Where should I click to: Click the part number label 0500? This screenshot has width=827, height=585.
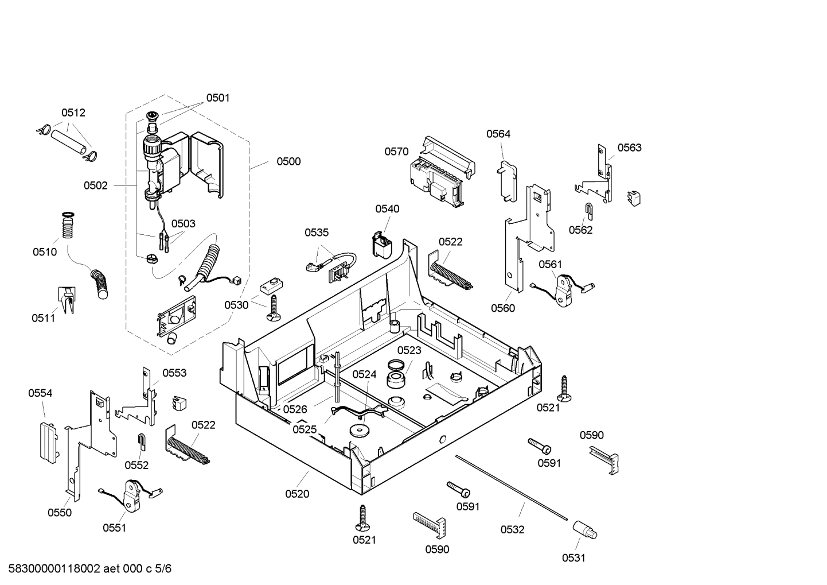click(x=288, y=161)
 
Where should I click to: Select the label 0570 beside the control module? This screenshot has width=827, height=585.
click(x=396, y=152)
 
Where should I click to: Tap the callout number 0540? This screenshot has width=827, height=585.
click(x=387, y=209)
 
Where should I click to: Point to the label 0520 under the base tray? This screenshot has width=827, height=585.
click(x=297, y=494)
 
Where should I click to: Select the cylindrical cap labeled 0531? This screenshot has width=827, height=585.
click(x=584, y=530)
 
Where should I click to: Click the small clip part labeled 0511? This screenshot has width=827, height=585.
click(x=67, y=300)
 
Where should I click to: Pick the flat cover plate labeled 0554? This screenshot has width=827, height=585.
click(x=48, y=441)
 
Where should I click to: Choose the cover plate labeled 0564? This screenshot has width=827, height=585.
click(x=506, y=180)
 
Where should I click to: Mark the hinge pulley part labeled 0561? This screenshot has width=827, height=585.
click(x=564, y=289)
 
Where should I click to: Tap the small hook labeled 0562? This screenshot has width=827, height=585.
click(x=588, y=210)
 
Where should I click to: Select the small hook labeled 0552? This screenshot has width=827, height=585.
click(x=142, y=441)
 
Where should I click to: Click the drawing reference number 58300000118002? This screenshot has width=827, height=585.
click(x=51, y=569)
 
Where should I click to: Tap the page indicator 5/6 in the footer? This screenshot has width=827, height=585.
click(x=163, y=569)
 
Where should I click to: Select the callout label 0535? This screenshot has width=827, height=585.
click(x=317, y=233)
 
